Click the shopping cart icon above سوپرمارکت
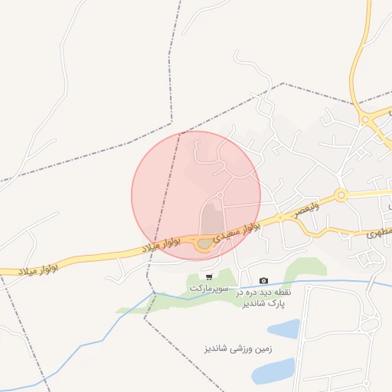click(x=209, y=276)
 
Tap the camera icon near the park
click(x=264, y=281)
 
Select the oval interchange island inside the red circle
click(x=204, y=245)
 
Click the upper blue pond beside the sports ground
click(x=283, y=329)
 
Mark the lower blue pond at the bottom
click(x=273, y=372)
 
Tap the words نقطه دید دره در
click(x=264, y=292)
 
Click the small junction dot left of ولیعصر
click(x=280, y=217)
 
